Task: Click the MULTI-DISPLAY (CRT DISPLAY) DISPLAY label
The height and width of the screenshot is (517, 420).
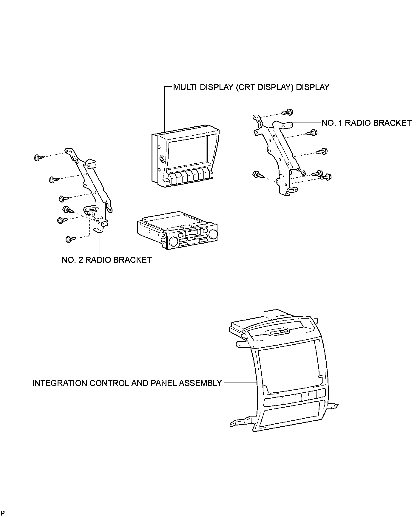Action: (x=251, y=87)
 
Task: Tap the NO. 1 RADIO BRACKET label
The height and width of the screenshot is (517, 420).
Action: (x=366, y=123)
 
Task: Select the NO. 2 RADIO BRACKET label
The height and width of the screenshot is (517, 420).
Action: (x=106, y=260)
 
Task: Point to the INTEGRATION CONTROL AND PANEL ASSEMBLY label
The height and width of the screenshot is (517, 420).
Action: (x=127, y=383)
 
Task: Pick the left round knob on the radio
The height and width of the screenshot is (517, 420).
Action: (x=173, y=241)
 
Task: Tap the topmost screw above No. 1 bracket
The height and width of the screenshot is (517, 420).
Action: (x=289, y=112)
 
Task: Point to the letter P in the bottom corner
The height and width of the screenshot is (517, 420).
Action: (x=2, y=513)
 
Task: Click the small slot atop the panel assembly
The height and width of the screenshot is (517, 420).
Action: (x=280, y=332)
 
